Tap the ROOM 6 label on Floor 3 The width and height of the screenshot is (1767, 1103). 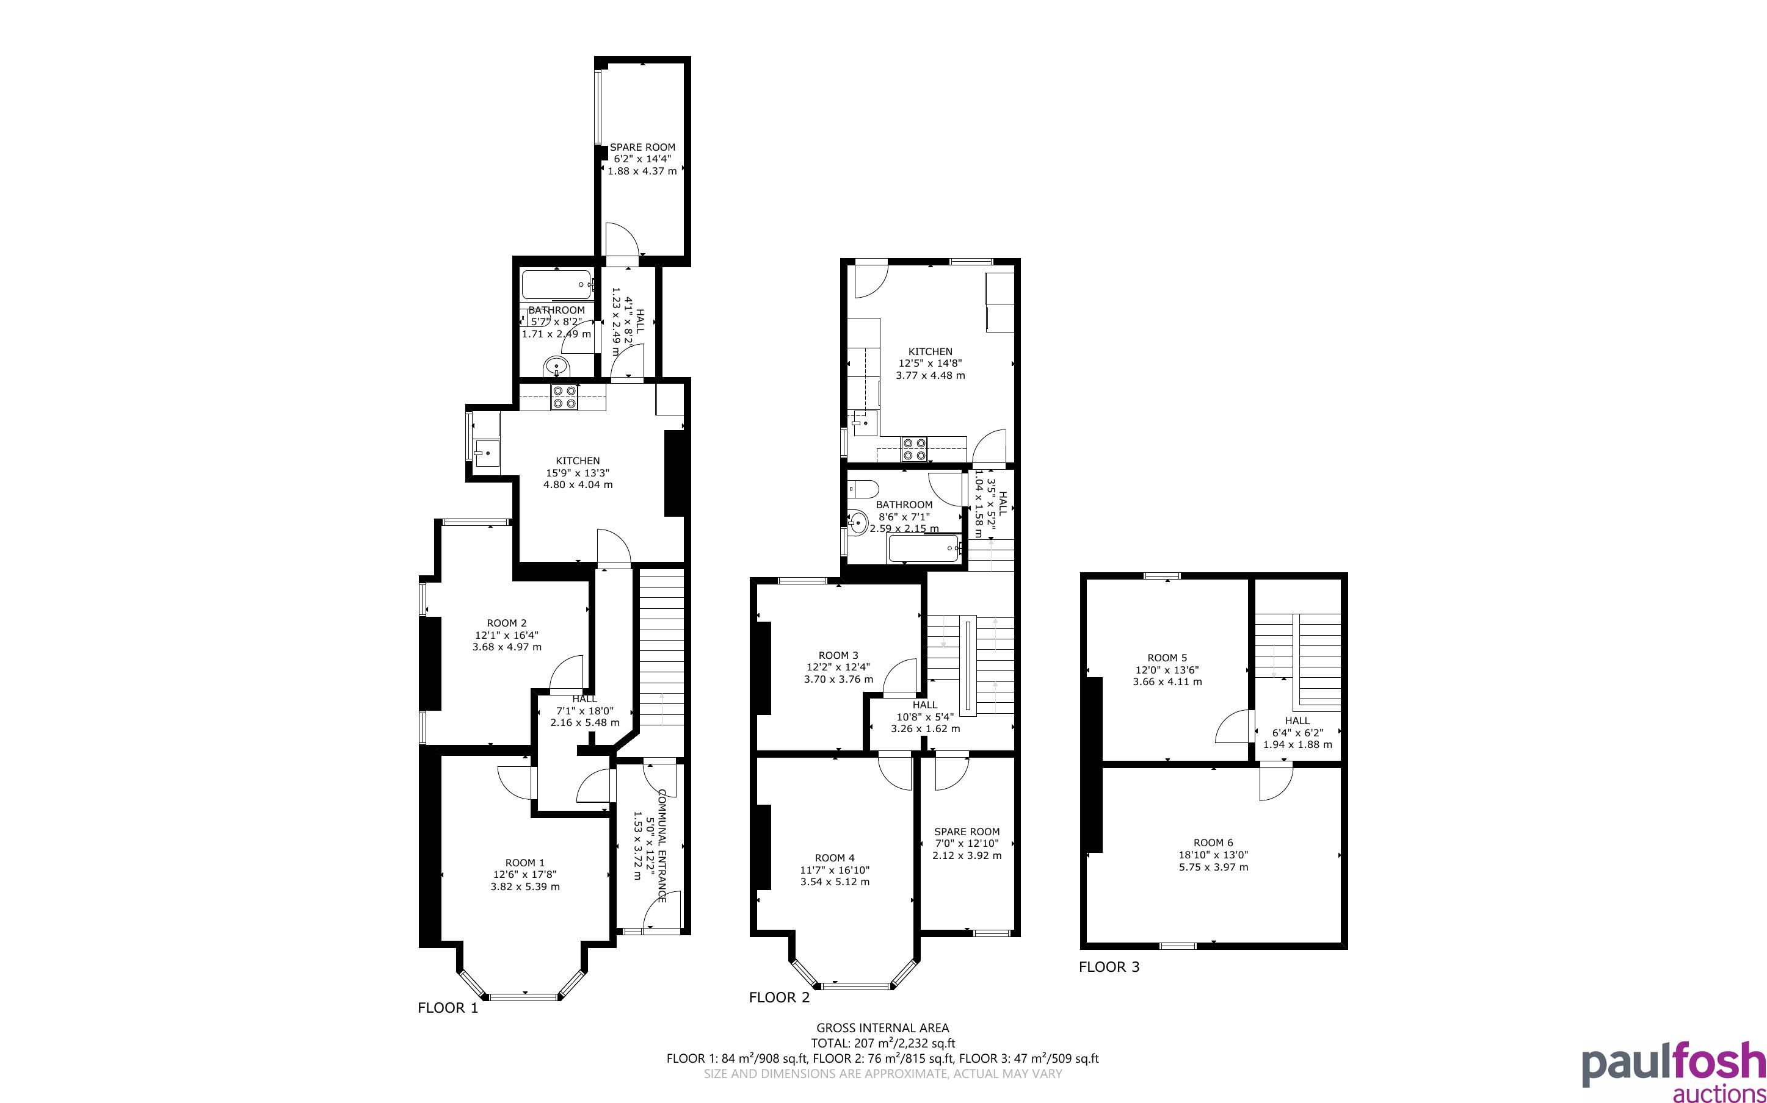click(1213, 843)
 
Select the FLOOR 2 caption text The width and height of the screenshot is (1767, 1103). click(780, 997)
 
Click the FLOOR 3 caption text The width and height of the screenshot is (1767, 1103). click(1109, 966)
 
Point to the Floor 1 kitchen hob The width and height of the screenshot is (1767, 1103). click(564, 397)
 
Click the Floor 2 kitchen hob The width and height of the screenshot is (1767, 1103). click(914, 448)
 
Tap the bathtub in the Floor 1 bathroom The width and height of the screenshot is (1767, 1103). click(557, 284)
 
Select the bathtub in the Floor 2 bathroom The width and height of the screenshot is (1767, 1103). click(923, 548)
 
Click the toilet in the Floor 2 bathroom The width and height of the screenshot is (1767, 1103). click(864, 488)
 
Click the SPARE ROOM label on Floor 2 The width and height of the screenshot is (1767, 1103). click(967, 832)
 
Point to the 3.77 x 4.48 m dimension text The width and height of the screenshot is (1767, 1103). click(931, 376)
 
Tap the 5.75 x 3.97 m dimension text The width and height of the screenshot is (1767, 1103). click(1213, 868)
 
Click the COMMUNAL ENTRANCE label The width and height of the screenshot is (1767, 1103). click(662, 846)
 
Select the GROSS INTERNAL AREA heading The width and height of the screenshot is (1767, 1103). click(882, 1028)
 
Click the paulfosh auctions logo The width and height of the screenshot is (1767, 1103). click(1674, 1070)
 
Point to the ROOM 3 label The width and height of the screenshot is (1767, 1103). click(838, 655)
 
